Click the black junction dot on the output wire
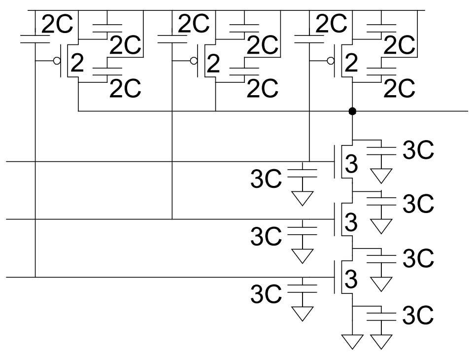point(352,111)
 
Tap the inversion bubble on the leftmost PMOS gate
point(57,61)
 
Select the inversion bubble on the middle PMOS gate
point(194,61)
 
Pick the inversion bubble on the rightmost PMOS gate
point(331,61)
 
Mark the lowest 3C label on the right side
point(418,316)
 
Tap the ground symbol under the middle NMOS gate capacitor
point(302,255)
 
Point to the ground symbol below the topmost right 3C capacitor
point(381,175)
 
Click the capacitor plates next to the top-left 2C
point(34,39)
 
